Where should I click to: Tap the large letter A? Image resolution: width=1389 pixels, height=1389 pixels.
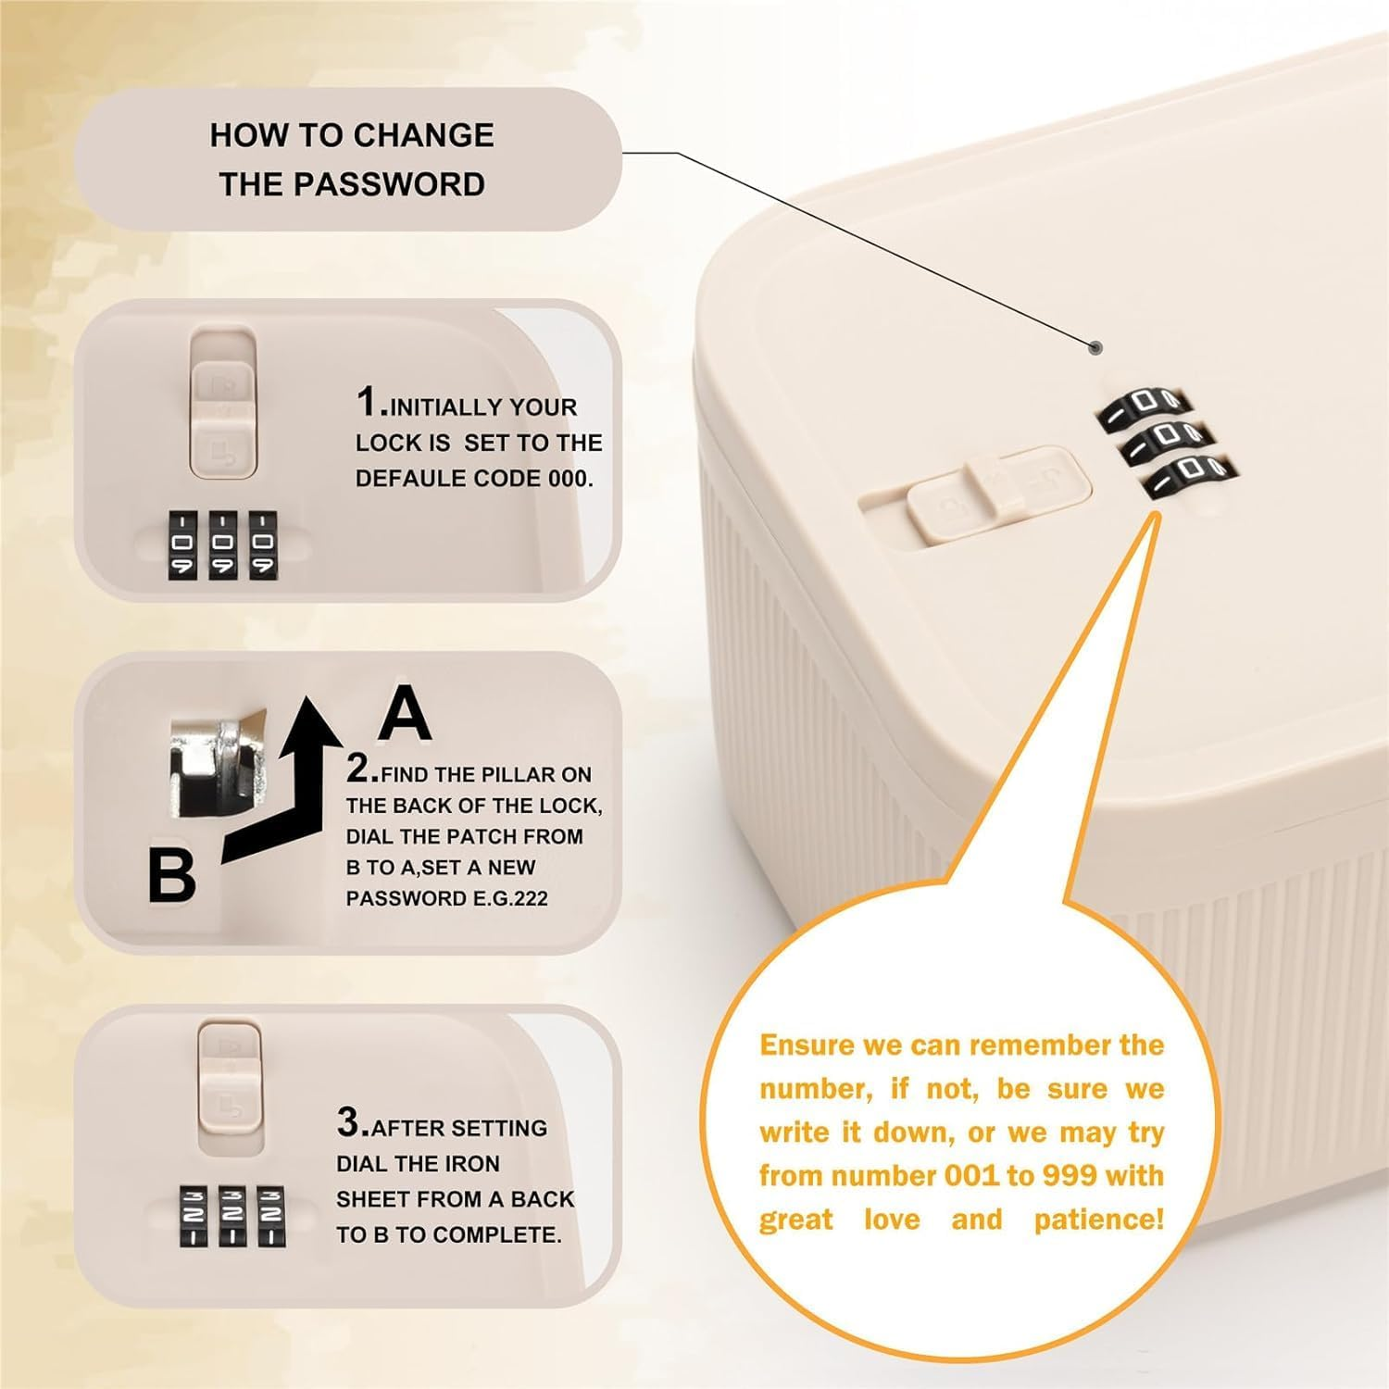405,714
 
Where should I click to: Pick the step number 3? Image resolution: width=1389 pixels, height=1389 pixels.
352,1122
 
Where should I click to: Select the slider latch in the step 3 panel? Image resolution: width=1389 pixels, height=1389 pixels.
230,1073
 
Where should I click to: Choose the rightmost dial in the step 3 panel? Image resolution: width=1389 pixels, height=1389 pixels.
270,1216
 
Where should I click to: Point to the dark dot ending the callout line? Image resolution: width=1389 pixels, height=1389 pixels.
1096,348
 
